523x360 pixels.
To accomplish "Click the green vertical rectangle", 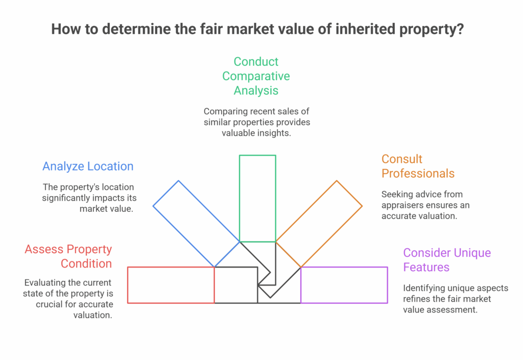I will pos(257,198).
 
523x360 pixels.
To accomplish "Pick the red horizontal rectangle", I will pos(171,285).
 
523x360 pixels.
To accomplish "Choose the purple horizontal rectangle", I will pos(344,285).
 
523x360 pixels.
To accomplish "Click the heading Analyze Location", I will pos(88,166).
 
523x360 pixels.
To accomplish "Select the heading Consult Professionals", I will pos(418,166).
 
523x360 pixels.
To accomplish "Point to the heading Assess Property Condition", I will pos(68,256).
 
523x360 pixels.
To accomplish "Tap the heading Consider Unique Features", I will pos(447,260).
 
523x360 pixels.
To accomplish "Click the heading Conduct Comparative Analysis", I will pos(256,76).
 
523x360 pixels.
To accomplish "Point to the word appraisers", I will pos(404,205).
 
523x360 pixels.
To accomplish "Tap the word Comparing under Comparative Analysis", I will pos(225,111).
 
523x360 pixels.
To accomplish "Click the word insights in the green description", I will pos(279,133).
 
